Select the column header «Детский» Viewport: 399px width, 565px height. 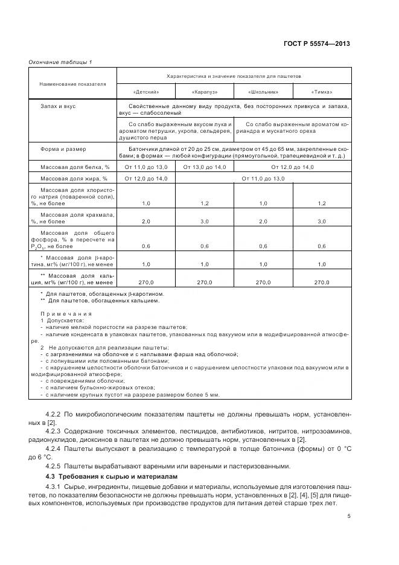[145, 92]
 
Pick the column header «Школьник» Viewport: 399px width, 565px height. [263, 92]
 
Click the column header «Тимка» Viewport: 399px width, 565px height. [322, 92]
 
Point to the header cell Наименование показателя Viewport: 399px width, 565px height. [73, 84]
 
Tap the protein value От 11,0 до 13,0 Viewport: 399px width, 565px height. [145, 167]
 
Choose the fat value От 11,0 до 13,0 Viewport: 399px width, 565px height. [263, 179]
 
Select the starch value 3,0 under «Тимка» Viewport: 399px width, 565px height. [322, 222]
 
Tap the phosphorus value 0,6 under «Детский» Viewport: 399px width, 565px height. [145, 246]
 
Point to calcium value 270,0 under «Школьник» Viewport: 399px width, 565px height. [263, 282]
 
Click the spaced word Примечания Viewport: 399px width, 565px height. [66, 314]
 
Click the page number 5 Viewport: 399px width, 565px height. [350, 516]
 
